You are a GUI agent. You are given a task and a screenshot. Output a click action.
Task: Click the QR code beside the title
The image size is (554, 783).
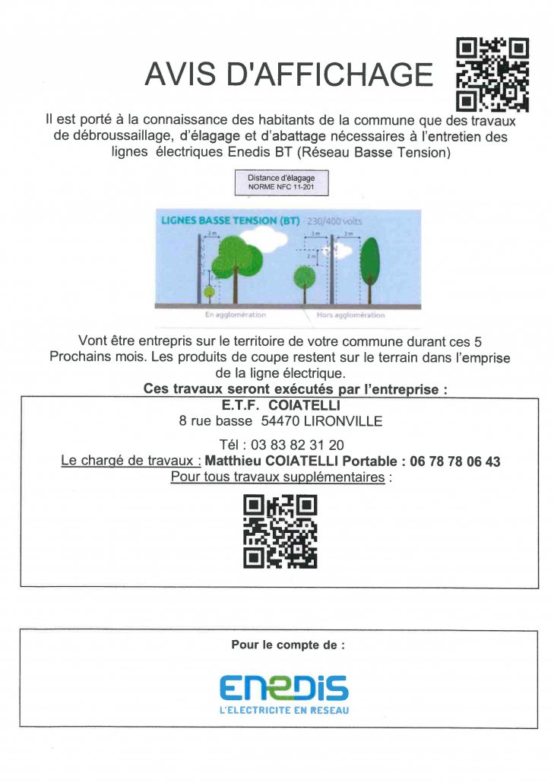pos(492,74)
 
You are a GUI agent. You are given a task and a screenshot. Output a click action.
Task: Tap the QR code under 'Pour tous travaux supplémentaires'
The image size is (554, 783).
pos(280,531)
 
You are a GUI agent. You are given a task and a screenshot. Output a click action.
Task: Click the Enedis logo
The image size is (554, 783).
pos(283,689)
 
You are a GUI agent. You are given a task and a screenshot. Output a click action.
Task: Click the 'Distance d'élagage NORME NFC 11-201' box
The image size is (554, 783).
pos(281,182)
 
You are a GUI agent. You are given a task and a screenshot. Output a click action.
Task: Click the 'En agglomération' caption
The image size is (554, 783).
pos(236,315)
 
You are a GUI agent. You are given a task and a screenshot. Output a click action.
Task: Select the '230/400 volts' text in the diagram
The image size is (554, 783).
pos(335,221)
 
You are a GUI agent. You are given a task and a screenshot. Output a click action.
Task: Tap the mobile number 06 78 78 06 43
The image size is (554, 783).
pos(454,461)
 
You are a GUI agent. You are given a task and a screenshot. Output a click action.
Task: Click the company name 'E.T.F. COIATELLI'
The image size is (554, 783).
pos(281,406)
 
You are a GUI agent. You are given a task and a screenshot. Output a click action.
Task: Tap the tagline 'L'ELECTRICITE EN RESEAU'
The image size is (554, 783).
pos(283,711)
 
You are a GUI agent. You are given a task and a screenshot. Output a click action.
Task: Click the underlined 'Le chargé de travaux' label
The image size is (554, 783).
pos(130,461)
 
